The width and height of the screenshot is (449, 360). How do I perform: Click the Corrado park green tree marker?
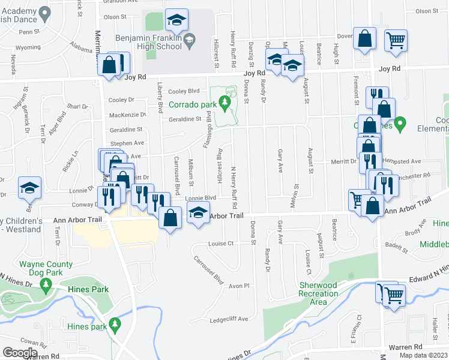click(x=226, y=103)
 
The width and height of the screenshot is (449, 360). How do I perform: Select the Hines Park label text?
click(x=88, y=289)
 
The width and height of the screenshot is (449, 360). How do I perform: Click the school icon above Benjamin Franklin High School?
click(x=176, y=20)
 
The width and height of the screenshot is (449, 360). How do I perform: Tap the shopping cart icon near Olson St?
click(x=396, y=41)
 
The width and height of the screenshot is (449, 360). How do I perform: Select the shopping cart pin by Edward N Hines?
click(x=393, y=294)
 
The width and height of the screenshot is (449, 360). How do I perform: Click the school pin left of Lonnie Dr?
click(x=29, y=188)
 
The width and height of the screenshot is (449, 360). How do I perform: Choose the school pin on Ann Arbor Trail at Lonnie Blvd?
click(x=198, y=213)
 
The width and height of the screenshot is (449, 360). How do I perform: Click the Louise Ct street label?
click(x=220, y=244)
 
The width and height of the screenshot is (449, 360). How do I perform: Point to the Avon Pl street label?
click(x=238, y=286)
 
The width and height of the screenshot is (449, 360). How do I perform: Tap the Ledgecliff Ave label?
click(x=229, y=319)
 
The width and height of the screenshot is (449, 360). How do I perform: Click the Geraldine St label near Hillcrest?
click(x=184, y=119)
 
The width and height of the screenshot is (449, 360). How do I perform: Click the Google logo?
click(x=20, y=353)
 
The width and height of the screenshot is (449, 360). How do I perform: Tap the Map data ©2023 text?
click(x=423, y=355)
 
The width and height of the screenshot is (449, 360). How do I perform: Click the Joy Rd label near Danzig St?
click(x=254, y=73)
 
